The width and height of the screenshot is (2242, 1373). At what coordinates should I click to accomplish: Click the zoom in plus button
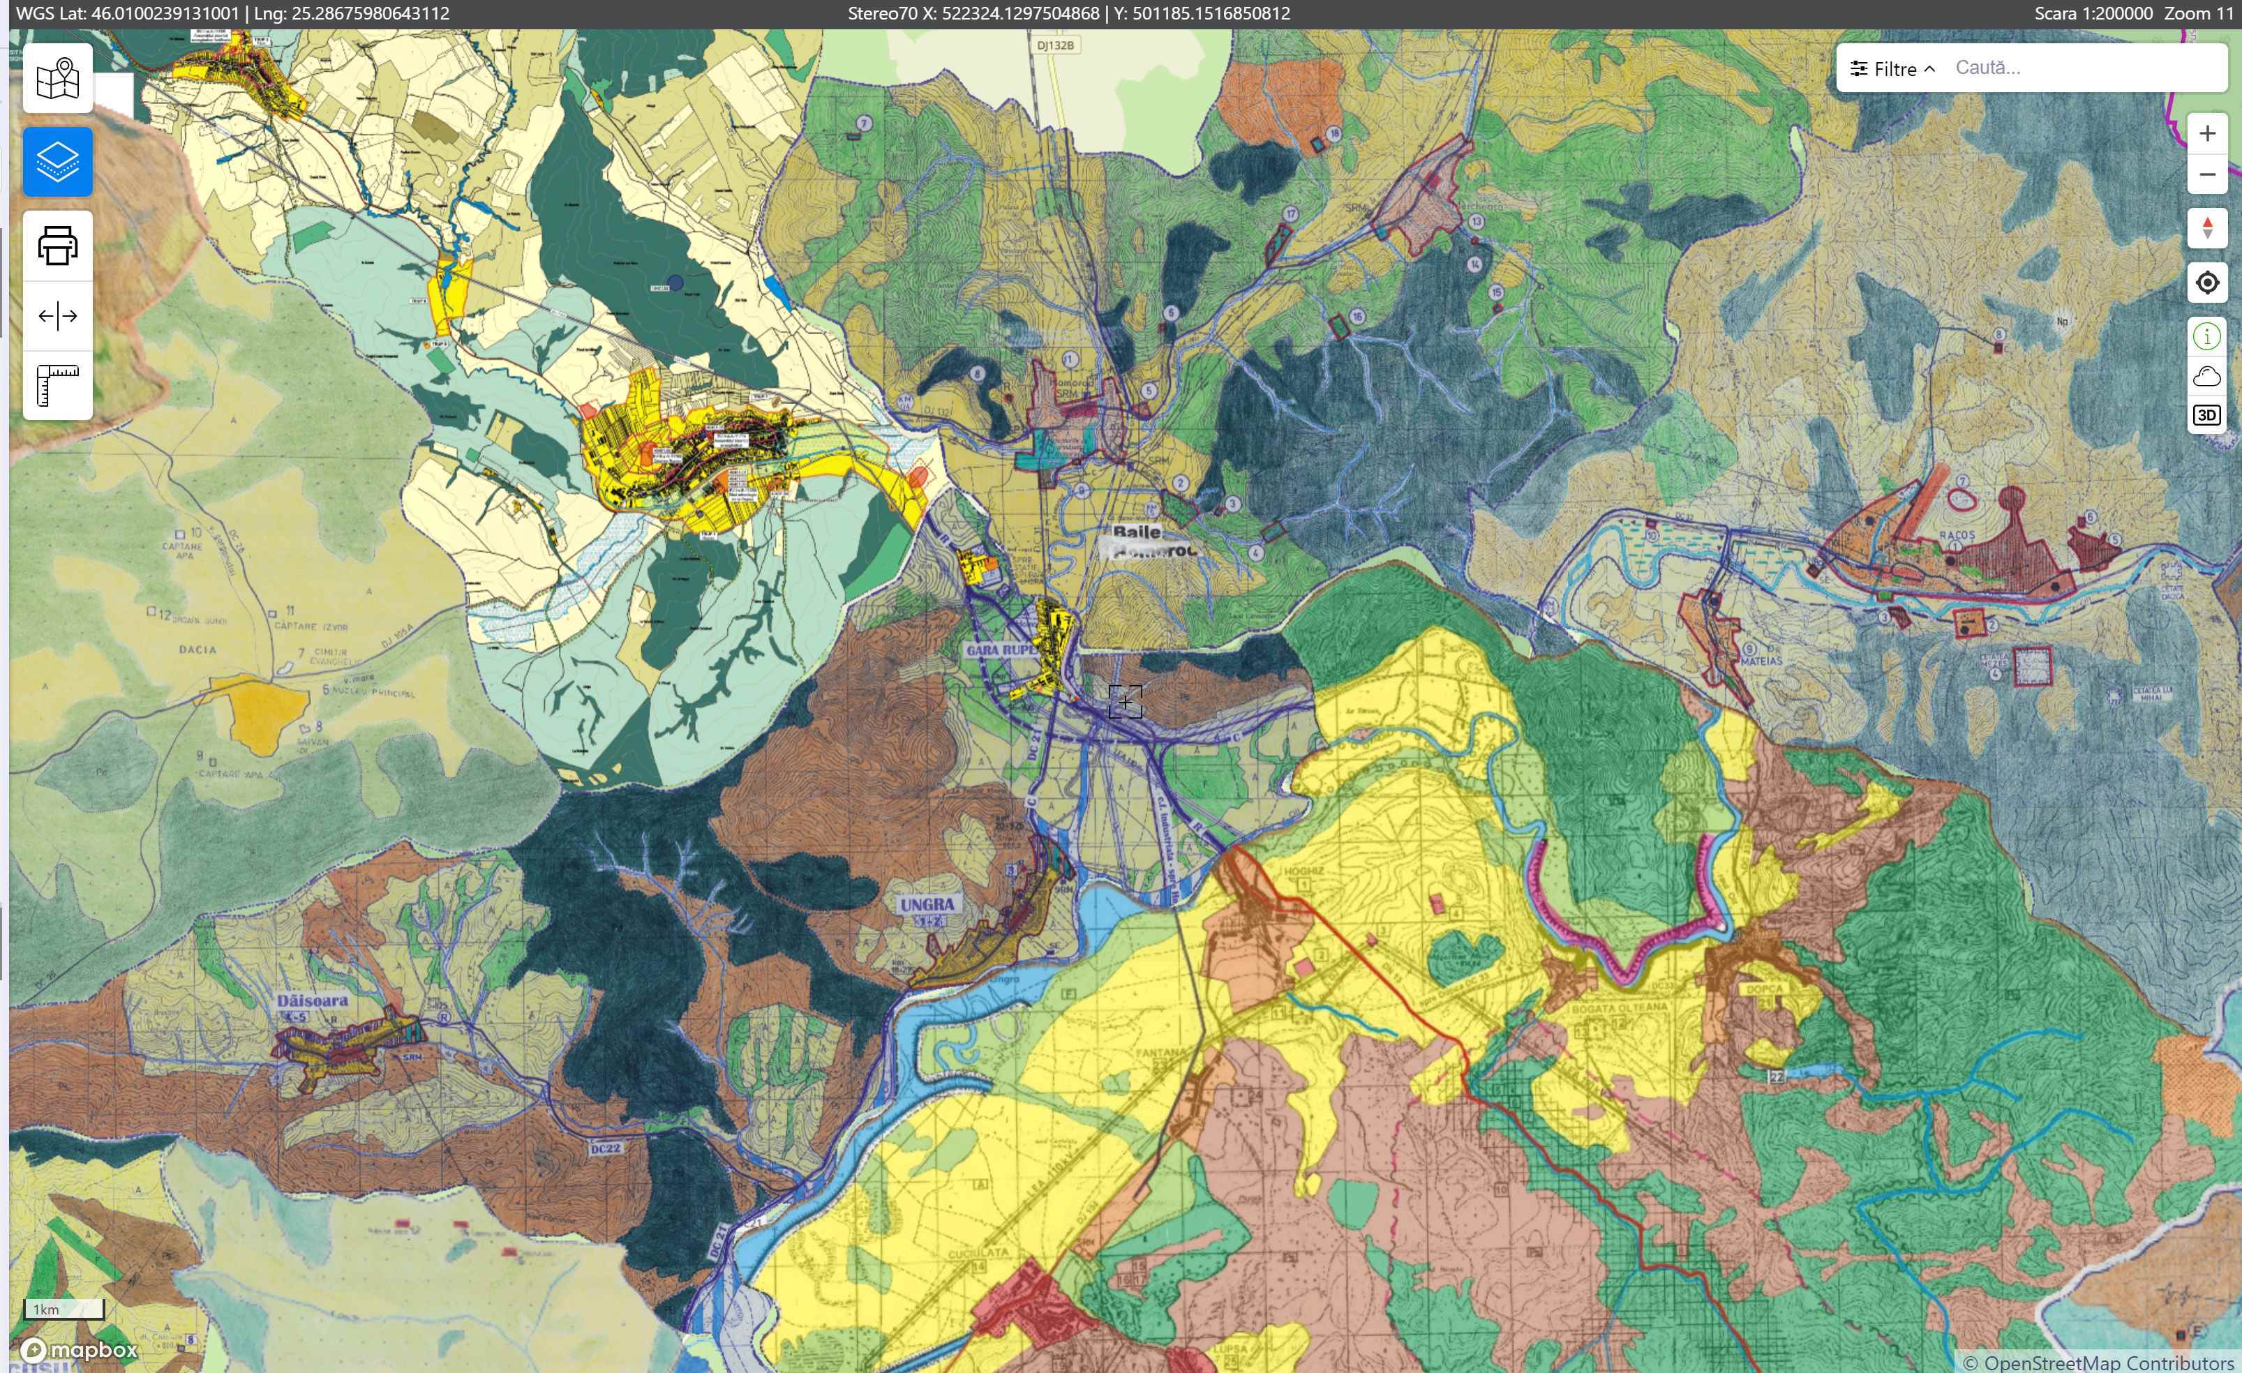tap(2206, 134)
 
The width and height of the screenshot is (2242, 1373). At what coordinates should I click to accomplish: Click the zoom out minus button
tap(2206, 174)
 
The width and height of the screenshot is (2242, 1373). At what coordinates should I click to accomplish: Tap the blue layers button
tap(57, 162)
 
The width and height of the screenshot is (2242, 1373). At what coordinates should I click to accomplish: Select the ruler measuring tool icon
tap(57, 386)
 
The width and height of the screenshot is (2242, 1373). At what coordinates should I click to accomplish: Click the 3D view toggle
tap(2206, 416)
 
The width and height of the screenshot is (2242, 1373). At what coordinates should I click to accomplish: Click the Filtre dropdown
tap(1892, 69)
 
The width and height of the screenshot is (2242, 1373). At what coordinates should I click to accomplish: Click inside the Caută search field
tap(2084, 68)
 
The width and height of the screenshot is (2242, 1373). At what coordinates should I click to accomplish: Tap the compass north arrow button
tap(2206, 227)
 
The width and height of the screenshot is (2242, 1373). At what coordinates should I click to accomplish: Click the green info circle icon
tap(2206, 336)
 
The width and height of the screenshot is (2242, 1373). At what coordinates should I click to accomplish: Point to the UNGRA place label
tap(926, 904)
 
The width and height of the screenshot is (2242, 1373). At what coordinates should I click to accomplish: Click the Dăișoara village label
tap(312, 1000)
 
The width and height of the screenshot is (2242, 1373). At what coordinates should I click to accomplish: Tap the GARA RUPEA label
tap(1001, 650)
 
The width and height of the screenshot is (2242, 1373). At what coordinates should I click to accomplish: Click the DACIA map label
tap(197, 650)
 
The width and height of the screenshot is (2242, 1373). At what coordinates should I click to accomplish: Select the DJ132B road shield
tap(1056, 45)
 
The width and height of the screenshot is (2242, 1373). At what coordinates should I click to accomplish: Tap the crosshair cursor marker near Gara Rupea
tap(1126, 703)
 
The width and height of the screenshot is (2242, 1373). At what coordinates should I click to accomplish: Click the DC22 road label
tap(605, 1148)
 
